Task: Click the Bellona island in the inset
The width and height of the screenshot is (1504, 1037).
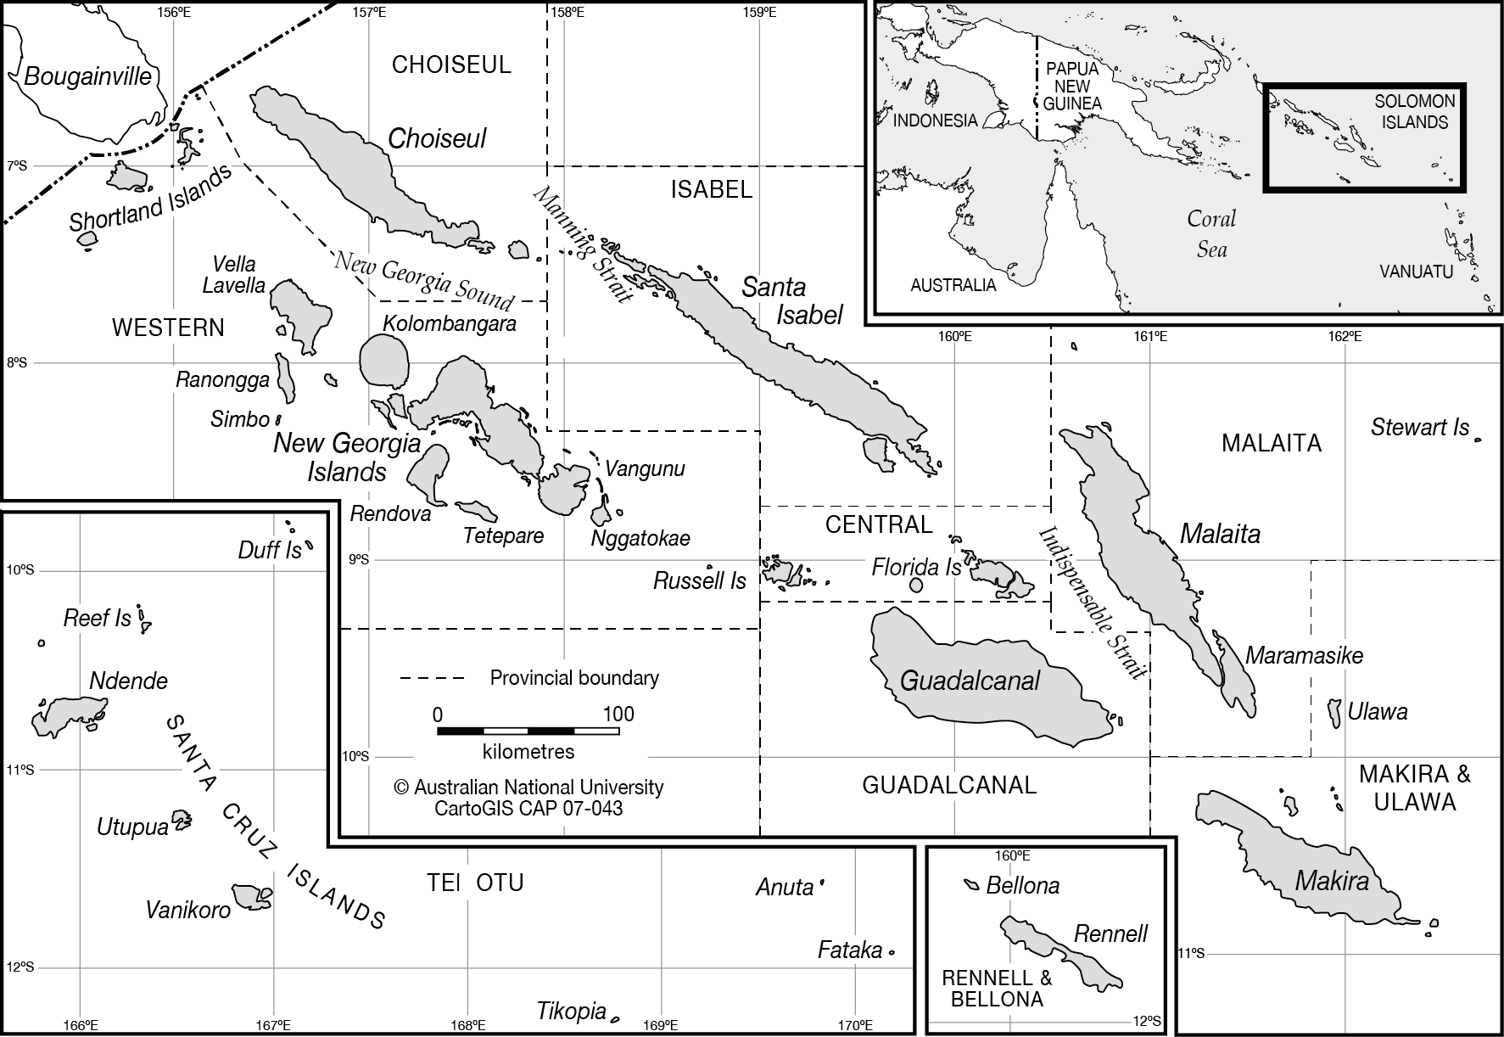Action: (x=972, y=884)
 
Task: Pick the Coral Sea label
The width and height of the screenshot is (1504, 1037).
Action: (x=1211, y=233)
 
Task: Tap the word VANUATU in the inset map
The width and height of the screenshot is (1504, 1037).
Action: (x=1416, y=272)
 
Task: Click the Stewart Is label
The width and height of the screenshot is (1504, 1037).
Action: (x=1419, y=428)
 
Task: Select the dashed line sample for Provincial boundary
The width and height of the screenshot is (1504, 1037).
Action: (x=432, y=679)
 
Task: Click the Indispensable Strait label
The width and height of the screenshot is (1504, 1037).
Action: (x=1093, y=602)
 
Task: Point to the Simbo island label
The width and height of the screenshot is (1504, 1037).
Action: (x=239, y=419)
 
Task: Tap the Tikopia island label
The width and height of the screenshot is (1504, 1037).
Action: (x=571, y=1012)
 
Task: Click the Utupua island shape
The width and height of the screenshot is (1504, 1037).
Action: (x=181, y=820)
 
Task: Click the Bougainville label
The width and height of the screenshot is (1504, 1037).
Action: (x=87, y=77)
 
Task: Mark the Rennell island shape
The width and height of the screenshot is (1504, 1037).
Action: (x=1060, y=951)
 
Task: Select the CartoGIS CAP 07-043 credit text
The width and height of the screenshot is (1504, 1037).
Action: (x=528, y=809)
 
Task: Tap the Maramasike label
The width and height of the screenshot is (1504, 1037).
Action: (x=1304, y=655)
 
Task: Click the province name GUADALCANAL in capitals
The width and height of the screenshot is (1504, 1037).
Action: (x=949, y=785)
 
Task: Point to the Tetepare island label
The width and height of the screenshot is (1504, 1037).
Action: (x=503, y=536)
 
